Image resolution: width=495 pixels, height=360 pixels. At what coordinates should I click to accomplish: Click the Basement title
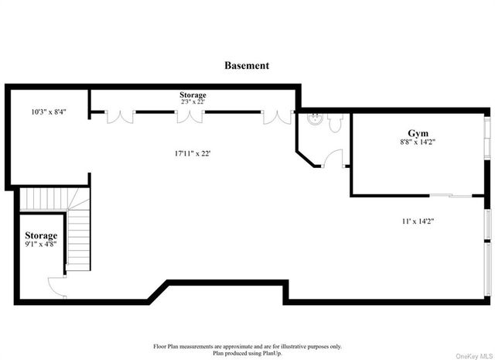point(247,66)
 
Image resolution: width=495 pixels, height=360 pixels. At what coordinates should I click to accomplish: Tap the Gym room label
point(418,133)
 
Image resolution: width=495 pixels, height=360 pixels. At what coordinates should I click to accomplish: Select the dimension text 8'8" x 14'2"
point(418,142)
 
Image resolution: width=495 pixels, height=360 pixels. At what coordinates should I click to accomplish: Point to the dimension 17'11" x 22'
point(193,153)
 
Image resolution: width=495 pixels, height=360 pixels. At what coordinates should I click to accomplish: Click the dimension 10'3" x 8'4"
point(49,111)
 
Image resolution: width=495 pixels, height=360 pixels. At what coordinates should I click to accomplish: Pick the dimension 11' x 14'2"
point(418,221)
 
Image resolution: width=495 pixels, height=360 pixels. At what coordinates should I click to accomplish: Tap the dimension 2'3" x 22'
point(193,101)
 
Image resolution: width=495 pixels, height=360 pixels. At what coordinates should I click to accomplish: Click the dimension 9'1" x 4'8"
point(41,244)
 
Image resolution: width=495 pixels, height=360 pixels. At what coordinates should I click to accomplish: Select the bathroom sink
point(315,119)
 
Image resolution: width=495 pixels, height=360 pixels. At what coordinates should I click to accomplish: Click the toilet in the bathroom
point(335,122)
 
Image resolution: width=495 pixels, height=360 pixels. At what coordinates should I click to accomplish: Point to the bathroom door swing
point(333,158)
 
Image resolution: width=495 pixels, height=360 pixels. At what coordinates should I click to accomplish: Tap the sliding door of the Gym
point(451,196)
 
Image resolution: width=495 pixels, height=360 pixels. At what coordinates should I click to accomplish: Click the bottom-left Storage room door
point(56,286)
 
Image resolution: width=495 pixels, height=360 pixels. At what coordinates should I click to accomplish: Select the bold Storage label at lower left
point(41,235)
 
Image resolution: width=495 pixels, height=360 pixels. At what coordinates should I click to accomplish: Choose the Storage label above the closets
point(193,94)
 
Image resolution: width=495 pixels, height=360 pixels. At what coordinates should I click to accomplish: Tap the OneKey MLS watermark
point(474,357)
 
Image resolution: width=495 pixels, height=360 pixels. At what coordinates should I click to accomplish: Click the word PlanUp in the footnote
point(272,353)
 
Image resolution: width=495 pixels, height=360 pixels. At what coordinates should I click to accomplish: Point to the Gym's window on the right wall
point(488,139)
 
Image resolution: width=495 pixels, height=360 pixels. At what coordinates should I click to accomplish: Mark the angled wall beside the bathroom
point(306,159)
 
